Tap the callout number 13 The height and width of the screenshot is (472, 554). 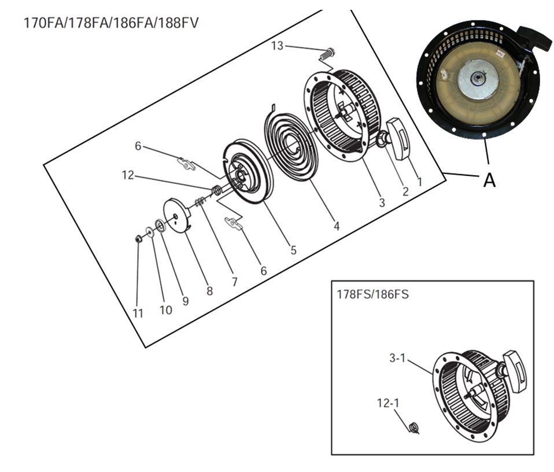pyautogui.click(x=278, y=46)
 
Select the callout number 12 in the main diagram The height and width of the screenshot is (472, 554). pyautogui.click(x=128, y=174)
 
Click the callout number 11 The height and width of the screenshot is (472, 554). pyautogui.click(x=138, y=313)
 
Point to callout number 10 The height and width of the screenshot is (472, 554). pyautogui.click(x=165, y=310)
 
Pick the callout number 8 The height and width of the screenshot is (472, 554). pyautogui.click(x=209, y=292)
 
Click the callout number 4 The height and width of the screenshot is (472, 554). pyautogui.click(x=336, y=227)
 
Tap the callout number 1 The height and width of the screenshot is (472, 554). pyautogui.click(x=419, y=181)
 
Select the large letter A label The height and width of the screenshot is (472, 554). pyautogui.click(x=489, y=180)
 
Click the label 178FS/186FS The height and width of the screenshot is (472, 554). pyautogui.click(x=372, y=294)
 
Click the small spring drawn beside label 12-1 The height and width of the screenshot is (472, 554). pyautogui.click(x=413, y=428)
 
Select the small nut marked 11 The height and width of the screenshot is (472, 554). pyautogui.click(x=139, y=238)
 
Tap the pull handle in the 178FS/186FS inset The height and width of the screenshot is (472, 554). pyautogui.click(x=514, y=371)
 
